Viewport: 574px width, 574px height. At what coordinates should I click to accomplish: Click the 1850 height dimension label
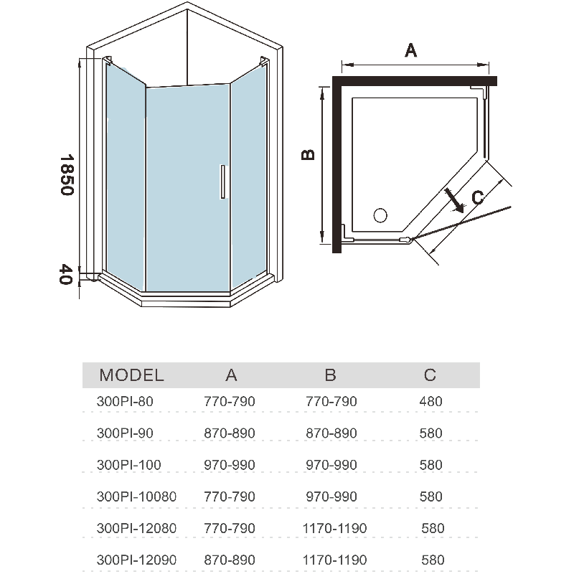(x=67, y=175)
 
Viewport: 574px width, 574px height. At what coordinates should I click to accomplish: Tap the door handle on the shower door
(x=223, y=180)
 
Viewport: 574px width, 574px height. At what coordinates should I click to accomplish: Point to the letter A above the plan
(x=411, y=50)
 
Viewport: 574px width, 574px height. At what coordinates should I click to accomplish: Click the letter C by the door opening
(x=479, y=197)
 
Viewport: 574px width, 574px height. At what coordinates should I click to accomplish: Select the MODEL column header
(x=131, y=375)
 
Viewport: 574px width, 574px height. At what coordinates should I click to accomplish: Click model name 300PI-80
(x=125, y=402)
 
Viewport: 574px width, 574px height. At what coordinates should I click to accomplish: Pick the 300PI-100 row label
(x=129, y=465)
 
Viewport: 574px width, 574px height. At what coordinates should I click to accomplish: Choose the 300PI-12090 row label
(x=136, y=560)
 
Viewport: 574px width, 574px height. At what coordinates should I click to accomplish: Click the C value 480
(x=430, y=402)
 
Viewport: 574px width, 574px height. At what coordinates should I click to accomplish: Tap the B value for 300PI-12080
(x=336, y=528)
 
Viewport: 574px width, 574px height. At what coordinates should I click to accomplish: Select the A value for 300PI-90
(x=230, y=433)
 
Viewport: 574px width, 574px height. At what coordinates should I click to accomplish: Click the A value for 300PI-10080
(x=230, y=497)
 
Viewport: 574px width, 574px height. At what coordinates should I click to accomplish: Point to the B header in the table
(x=331, y=375)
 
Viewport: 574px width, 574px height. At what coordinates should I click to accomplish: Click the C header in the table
(x=430, y=375)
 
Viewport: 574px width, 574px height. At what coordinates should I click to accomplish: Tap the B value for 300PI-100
(x=331, y=465)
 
